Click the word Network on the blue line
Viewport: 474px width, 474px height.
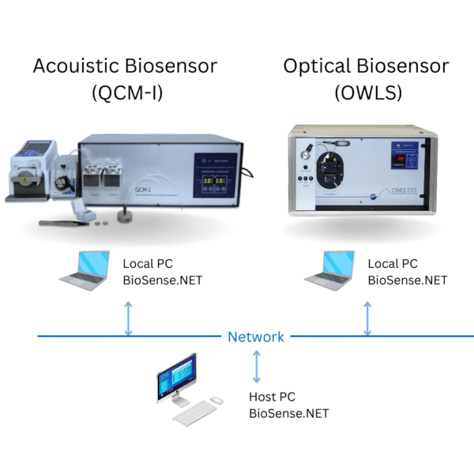point(256,337)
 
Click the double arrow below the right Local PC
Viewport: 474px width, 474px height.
point(367,317)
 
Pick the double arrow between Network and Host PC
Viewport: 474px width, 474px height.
point(256,366)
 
